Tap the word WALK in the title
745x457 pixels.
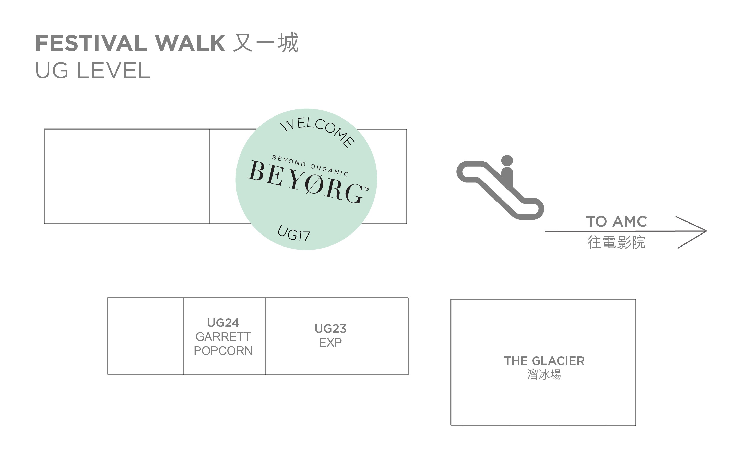[190, 43]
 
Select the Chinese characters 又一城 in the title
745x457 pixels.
[266, 43]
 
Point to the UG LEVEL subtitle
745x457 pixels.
[93, 71]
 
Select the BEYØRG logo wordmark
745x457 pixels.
[305, 181]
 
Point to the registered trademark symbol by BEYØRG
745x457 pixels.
[367, 189]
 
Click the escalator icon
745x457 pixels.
[500, 188]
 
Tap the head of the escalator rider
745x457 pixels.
[507, 161]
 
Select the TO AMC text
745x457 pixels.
[617, 221]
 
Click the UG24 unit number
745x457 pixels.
[223, 323]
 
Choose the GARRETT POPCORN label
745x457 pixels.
[223, 344]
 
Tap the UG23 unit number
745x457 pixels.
[330, 329]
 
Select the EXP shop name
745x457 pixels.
[330, 343]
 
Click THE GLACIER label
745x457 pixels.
[544, 361]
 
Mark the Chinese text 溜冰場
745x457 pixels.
[544, 374]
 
